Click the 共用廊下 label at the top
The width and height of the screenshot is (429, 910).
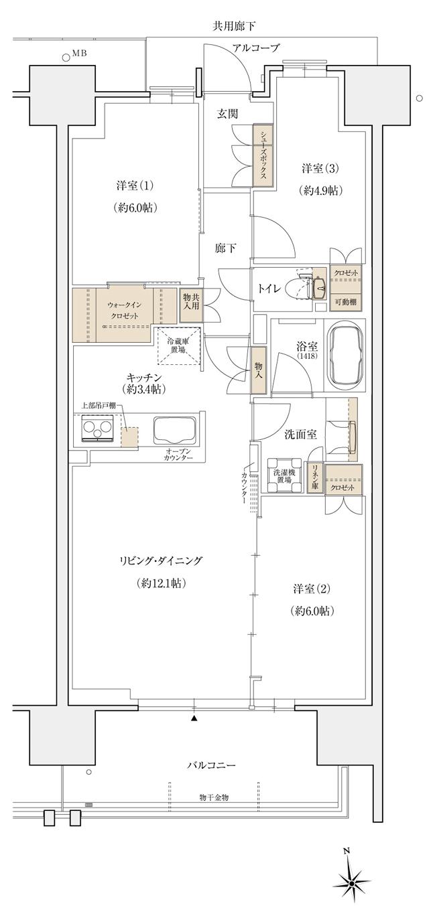(x=235, y=27)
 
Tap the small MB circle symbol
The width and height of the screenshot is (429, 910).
(x=66, y=58)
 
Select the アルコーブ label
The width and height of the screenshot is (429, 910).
(x=256, y=48)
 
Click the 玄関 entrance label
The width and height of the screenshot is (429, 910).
(x=227, y=115)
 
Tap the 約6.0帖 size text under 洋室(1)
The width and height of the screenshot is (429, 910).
(x=136, y=208)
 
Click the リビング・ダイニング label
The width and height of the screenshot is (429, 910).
(x=160, y=561)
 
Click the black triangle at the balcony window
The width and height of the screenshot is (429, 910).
(x=194, y=718)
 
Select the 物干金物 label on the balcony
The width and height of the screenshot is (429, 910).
(x=214, y=797)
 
